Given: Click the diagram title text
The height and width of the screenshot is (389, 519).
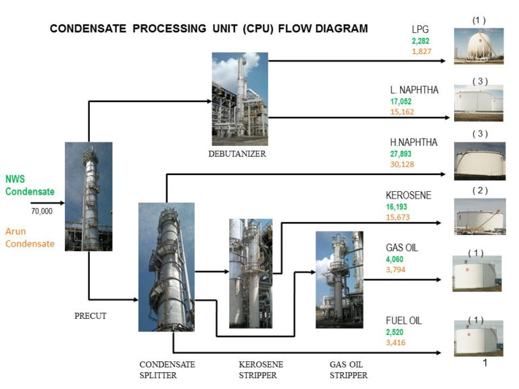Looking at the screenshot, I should pyautogui.click(x=209, y=29).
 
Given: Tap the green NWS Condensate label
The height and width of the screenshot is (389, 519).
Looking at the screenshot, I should pyautogui.click(x=30, y=186).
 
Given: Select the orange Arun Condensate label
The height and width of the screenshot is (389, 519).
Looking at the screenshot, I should pyautogui.click(x=30, y=238).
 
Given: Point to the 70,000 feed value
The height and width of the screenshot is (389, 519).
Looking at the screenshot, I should pyautogui.click(x=42, y=211).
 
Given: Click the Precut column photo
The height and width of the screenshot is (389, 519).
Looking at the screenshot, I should pyautogui.click(x=89, y=196).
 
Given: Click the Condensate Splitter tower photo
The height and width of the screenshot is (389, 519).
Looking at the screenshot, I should pyautogui.click(x=166, y=267).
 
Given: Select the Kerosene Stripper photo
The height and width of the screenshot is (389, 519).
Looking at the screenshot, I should pyautogui.click(x=251, y=273).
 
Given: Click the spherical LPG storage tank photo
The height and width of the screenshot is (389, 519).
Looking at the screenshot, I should pyautogui.click(x=478, y=46).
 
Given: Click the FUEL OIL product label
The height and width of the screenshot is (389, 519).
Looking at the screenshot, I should pyautogui.click(x=403, y=321).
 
